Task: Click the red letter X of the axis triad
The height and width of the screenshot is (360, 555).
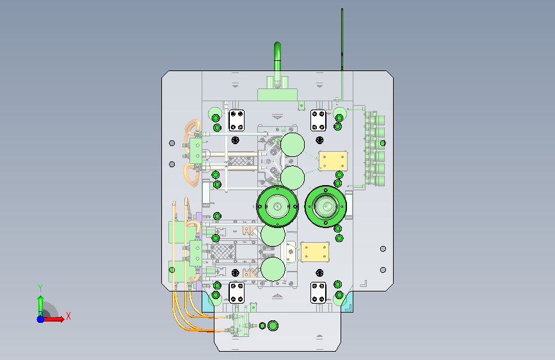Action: [68, 316]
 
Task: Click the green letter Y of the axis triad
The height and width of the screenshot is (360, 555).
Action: [40, 288]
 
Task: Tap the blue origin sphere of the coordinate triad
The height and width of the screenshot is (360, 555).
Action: [41, 319]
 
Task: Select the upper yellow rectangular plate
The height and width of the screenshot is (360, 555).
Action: [333, 161]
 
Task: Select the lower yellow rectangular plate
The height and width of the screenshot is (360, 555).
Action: [315, 252]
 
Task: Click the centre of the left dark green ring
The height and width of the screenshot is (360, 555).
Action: [278, 206]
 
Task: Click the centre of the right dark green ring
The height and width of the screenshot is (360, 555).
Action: [325, 206]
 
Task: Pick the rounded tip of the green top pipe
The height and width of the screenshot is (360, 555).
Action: [278, 45]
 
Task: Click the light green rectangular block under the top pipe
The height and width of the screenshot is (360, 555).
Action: [277, 95]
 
